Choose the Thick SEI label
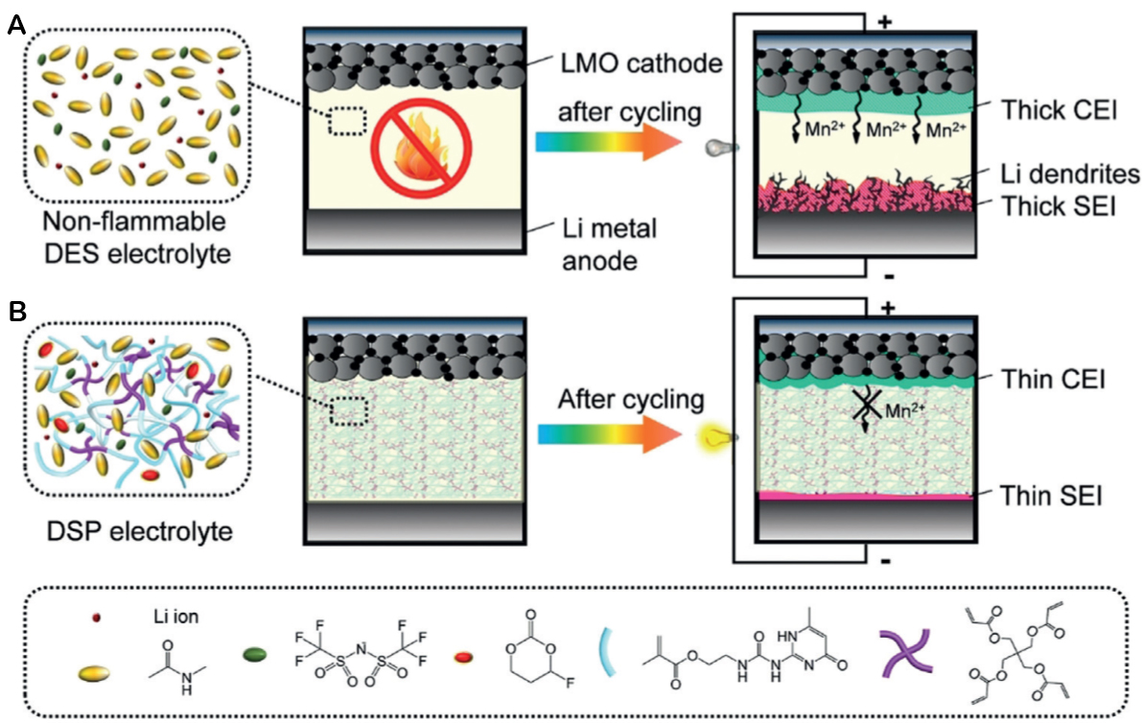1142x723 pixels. click(1044, 205)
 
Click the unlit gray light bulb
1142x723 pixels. click(715, 148)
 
